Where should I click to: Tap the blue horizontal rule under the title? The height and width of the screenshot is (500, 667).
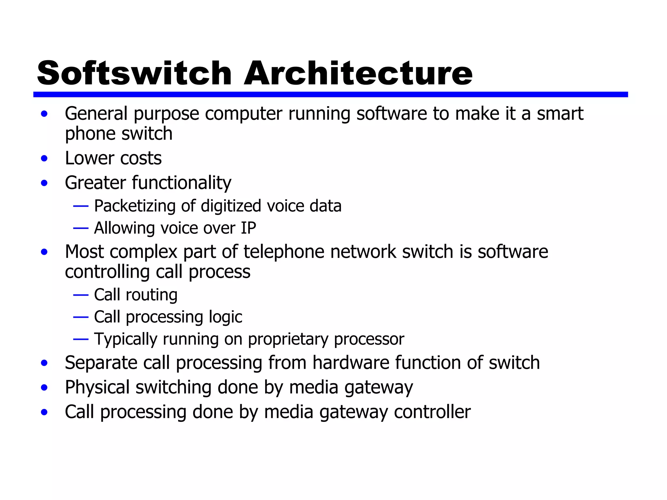point(330,94)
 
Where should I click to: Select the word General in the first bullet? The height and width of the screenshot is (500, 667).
point(96,114)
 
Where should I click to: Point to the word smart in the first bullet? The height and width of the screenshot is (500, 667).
point(560,114)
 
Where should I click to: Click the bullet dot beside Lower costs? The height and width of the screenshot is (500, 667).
point(44,159)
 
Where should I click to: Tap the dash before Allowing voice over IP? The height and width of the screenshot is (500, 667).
point(81,228)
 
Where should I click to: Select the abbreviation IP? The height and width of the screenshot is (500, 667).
point(248,228)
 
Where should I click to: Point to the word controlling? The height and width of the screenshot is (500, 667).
point(107,272)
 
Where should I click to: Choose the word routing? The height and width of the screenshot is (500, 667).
point(151,295)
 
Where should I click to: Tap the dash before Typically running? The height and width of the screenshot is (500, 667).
point(81,340)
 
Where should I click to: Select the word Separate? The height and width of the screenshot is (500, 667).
point(101,363)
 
